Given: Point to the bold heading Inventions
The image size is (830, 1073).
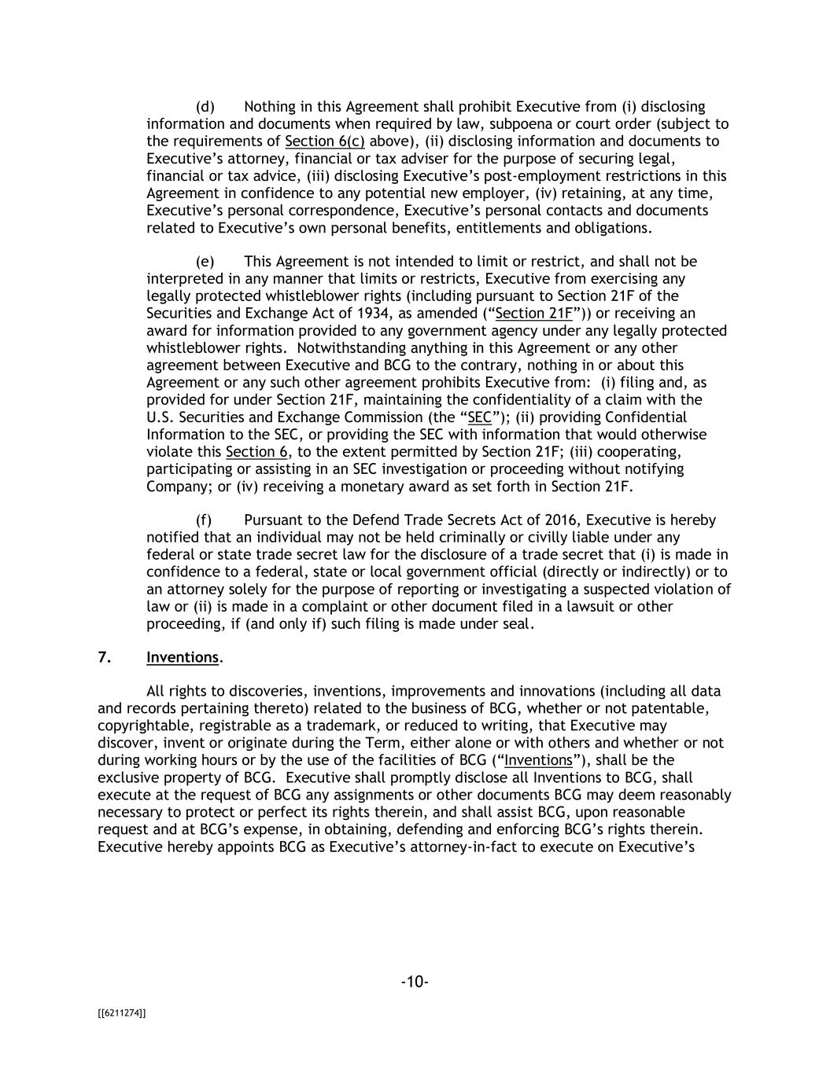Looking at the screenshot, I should (183, 658).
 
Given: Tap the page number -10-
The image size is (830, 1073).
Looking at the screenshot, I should (415, 982).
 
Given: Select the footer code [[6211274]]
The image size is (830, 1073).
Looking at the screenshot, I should (122, 1013).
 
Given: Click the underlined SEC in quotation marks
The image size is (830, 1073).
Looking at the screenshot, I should (479, 417).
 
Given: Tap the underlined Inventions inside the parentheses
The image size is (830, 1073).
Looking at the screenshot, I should (538, 760).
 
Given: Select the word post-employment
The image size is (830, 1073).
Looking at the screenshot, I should (508, 176).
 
